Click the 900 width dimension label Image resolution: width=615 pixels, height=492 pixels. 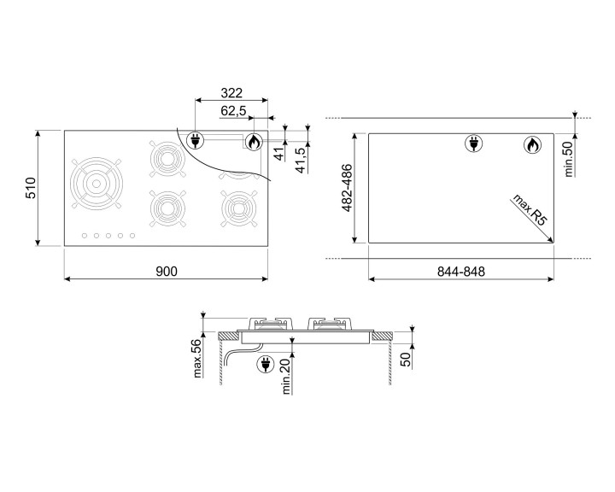[167, 272]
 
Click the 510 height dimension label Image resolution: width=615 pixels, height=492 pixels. [31, 188]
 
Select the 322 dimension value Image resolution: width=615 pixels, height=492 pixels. [231, 93]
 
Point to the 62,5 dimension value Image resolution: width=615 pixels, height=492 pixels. [233, 111]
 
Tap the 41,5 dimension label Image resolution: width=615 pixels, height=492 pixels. [301, 161]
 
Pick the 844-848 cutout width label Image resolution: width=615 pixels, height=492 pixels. [461, 272]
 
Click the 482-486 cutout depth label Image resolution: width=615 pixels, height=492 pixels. [348, 188]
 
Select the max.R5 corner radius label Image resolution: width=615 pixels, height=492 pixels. [530, 210]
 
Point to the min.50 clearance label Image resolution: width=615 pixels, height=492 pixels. [569, 159]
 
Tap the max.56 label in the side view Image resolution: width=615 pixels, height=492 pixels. [197, 358]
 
